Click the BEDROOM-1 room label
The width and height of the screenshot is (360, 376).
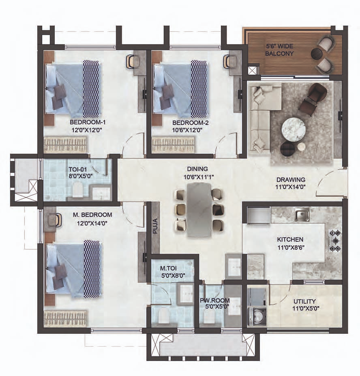tap(88, 122)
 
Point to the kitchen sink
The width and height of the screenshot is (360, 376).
tap(302, 215)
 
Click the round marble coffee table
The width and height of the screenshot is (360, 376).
tap(294, 128)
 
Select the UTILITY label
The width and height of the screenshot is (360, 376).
tap(304, 301)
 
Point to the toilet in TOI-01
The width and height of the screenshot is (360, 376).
tap(78, 190)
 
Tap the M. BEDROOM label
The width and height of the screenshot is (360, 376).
tap(92, 215)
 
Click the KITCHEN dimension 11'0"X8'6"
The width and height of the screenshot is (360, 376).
tap(291, 247)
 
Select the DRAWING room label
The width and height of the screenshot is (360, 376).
tap(291, 180)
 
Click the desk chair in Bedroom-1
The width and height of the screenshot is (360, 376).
tap(131, 62)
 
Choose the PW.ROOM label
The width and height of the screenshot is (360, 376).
tap(215, 300)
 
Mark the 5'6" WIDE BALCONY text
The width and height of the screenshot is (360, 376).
tap(280, 50)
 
